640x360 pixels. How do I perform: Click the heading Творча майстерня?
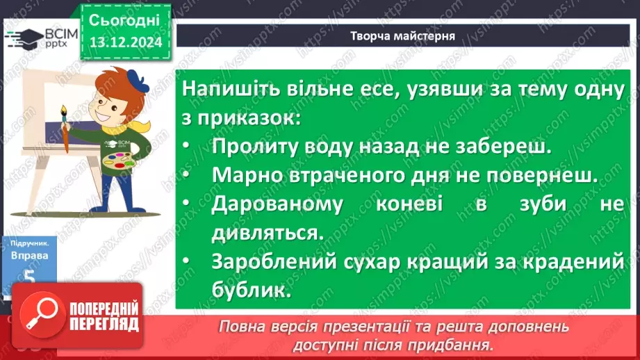click(x=402, y=36)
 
